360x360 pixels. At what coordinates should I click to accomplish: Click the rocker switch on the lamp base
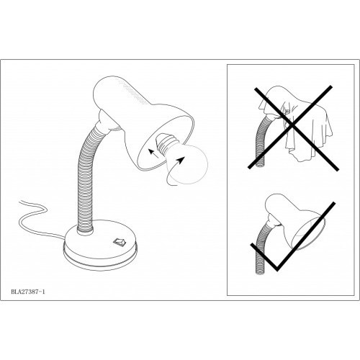(x=119, y=241)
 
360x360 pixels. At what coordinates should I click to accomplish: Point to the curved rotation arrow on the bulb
(x=175, y=171)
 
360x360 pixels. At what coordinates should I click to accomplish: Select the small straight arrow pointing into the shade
(x=153, y=153)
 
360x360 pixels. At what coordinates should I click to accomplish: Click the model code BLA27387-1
(x=28, y=292)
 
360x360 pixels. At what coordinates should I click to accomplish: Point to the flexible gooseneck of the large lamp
(x=88, y=178)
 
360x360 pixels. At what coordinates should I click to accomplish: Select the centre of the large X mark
(x=292, y=125)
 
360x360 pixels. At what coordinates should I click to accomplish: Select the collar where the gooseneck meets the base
(x=85, y=231)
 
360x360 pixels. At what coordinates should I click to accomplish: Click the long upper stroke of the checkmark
(x=306, y=236)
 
